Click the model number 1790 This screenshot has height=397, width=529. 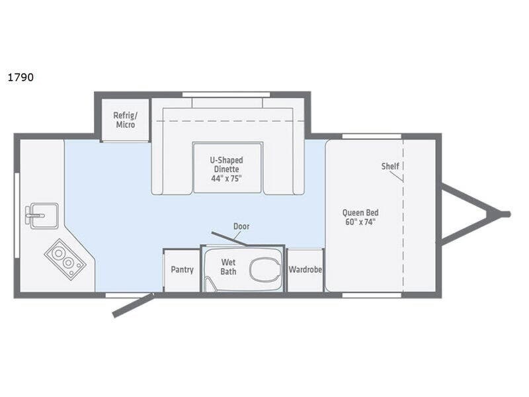[x=20, y=77]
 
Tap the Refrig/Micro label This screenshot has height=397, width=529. [x=126, y=120]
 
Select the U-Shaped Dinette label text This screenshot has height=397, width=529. [x=226, y=164]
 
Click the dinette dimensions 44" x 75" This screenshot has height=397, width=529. [x=226, y=179]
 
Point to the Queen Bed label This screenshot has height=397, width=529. [x=360, y=212]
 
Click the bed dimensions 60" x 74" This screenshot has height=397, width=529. [x=360, y=222]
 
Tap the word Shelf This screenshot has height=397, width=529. [x=390, y=166]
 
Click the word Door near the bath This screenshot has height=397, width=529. [x=241, y=226]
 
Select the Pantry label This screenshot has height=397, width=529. [x=183, y=270]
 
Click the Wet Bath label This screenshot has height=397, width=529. [x=228, y=267]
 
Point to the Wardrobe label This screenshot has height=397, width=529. [x=305, y=269]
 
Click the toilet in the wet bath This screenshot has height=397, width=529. [x=266, y=269]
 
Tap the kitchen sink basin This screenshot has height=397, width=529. [x=44, y=216]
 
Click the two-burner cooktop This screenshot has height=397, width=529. [x=65, y=259]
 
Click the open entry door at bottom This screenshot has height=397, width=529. [x=132, y=306]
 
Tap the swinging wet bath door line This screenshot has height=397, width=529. [x=229, y=239]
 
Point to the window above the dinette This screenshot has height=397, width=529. [x=226, y=94]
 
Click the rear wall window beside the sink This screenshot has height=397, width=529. [x=17, y=216]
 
